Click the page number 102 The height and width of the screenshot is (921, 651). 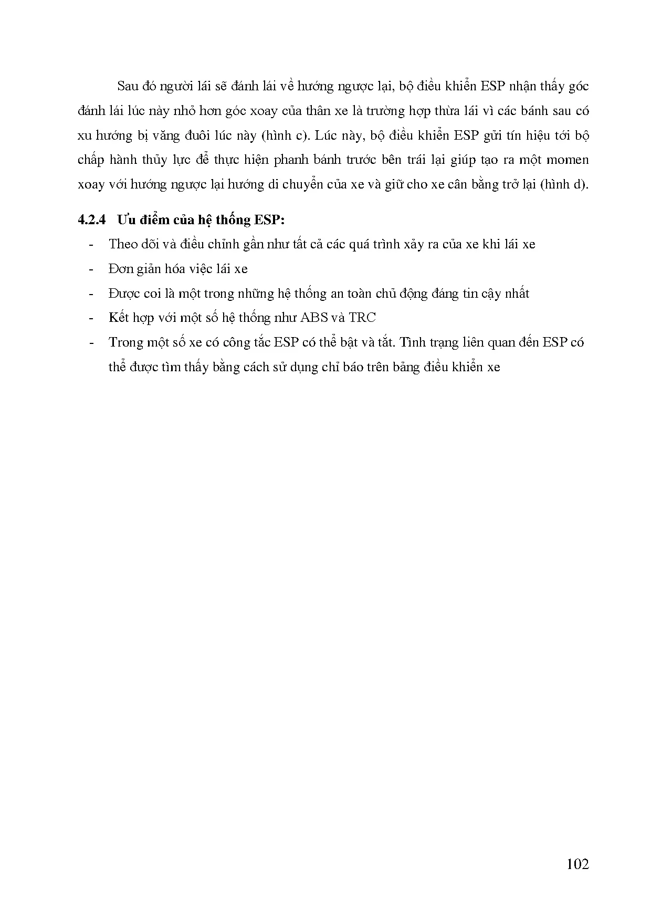pyautogui.click(x=577, y=864)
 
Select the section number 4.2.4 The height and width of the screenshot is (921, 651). pyautogui.click(x=91, y=219)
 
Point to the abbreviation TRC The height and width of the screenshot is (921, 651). pyautogui.click(x=362, y=318)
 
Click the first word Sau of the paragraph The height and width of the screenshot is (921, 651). pyautogui.click(x=129, y=87)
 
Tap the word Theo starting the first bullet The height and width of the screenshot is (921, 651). pyautogui.click(x=122, y=244)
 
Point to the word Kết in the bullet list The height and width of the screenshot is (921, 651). pyautogui.click(x=119, y=318)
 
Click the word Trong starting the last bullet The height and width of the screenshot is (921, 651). pyautogui.click(x=125, y=342)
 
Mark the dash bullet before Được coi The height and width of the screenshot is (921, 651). pyautogui.click(x=92, y=294)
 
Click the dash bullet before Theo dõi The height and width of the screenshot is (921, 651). pyautogui.click(x=92, y=244)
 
